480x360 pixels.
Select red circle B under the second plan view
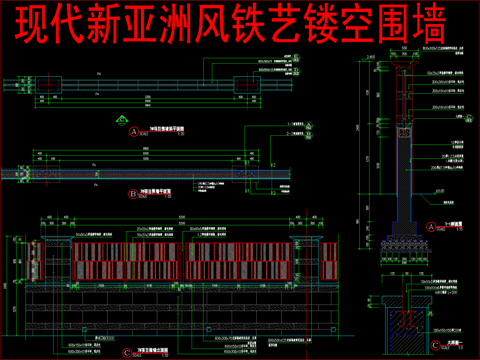click(133, 193)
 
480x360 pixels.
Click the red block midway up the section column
click(406, 131)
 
